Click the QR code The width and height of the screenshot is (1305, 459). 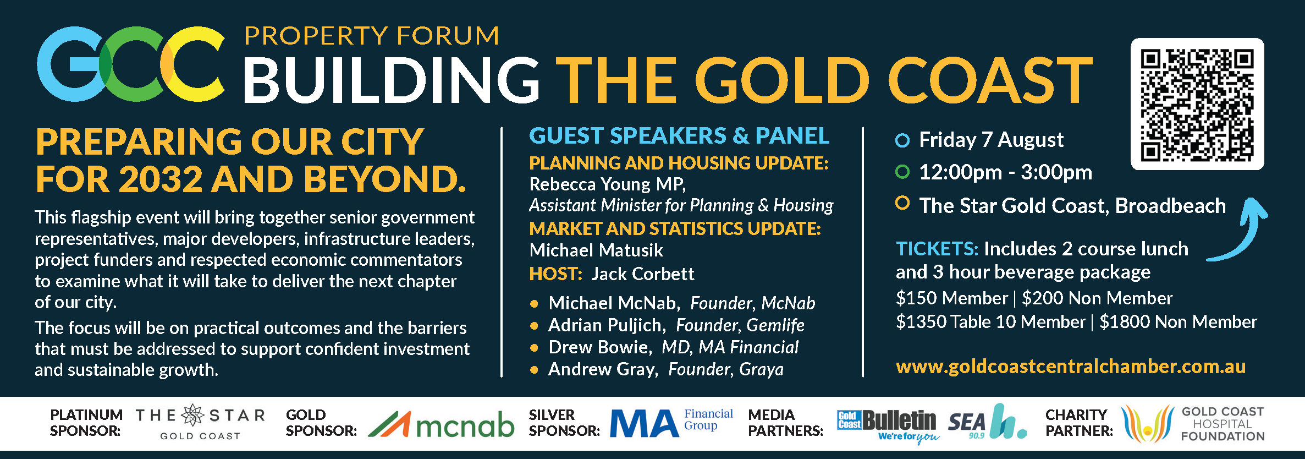coord(1197,104)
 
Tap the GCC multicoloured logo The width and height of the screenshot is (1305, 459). coord(131,64)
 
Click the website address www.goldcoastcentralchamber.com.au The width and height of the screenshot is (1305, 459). coord(1071,367)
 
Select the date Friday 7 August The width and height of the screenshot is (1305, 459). coord(992,140)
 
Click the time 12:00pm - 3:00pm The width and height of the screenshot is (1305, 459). coord(1006,172)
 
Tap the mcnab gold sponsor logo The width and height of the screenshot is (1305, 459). coord(441,424)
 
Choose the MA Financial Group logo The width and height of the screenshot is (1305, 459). coord(671,423)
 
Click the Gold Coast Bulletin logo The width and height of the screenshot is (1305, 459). coord(888,425)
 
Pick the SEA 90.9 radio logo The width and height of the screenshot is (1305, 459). coord(987,422)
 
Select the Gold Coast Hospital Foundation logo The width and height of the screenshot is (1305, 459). coord(1193,424)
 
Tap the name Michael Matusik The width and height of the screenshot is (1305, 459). coord(596,250)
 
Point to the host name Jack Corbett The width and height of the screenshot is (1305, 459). coord(643,274)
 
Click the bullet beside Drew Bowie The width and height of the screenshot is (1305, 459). coord(533,348)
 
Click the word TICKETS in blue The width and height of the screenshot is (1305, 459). coord(937,249)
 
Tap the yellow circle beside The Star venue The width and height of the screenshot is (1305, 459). coord(902,203)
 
